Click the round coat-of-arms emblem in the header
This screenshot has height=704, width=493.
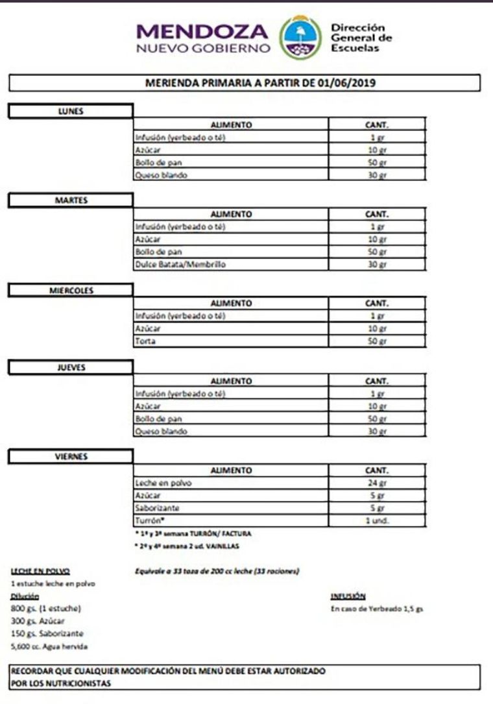(300, 38)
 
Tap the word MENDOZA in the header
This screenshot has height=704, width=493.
(203, 31)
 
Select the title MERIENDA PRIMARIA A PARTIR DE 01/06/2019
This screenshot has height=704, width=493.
(245, 83)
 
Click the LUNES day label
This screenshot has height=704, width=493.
(71, 111)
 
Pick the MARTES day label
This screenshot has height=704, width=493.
(71, 200)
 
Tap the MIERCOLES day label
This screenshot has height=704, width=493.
(71, 290)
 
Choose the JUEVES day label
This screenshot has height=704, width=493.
(71, 367)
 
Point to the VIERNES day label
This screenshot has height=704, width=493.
(71, 457)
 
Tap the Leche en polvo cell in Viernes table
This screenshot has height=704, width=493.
(163, 483)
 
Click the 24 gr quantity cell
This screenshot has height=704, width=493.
(376, 483)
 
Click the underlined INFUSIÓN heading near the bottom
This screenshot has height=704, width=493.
(348, 596)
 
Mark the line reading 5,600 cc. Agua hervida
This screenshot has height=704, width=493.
(49, 646)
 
